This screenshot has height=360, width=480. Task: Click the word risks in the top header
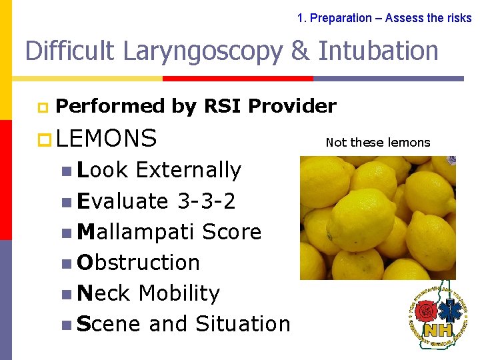point(458,18)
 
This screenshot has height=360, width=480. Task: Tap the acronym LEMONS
point(107,138)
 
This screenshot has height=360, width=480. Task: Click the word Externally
point(188,170)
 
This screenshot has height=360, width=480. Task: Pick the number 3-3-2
point(207,201)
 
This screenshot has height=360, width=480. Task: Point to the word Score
point(231,231)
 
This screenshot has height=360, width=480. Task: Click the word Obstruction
point(139,263)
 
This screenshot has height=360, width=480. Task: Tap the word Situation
point(243,324)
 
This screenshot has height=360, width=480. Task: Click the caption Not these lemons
point(378,142)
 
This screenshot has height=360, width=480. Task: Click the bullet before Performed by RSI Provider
point(41,107)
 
